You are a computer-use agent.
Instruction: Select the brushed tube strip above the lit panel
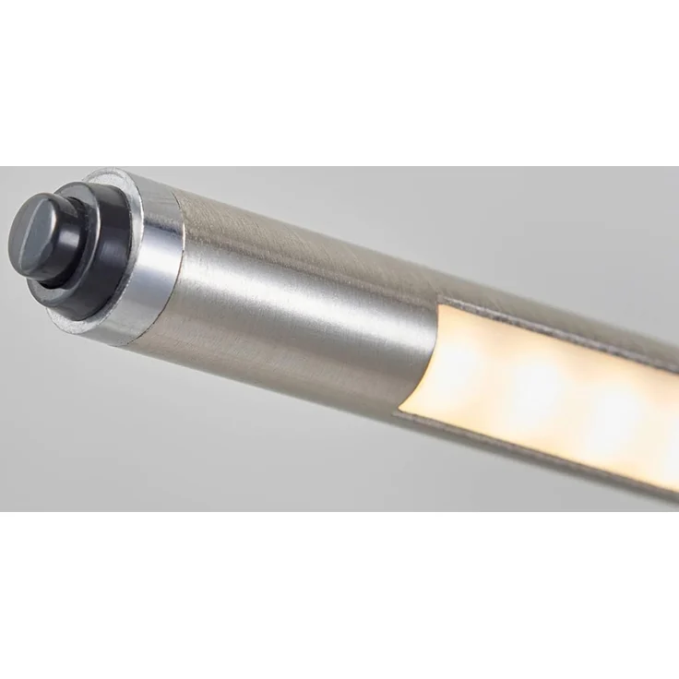[x=572, y=304]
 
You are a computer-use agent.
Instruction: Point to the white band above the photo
[x=339, y=83]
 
